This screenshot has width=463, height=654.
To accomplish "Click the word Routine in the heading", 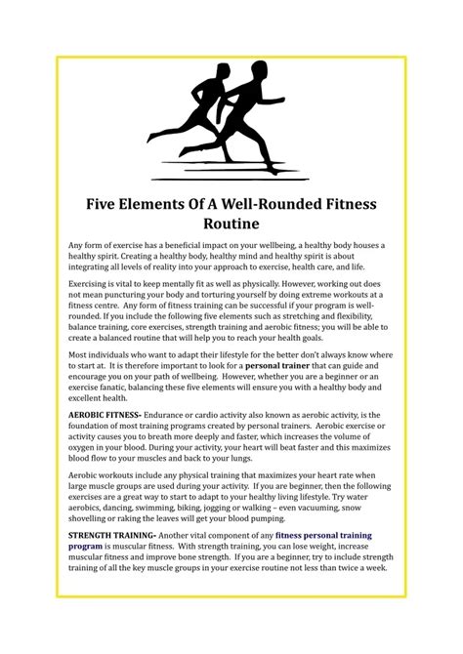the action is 231,227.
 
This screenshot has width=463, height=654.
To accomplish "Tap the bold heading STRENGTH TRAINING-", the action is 110,536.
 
